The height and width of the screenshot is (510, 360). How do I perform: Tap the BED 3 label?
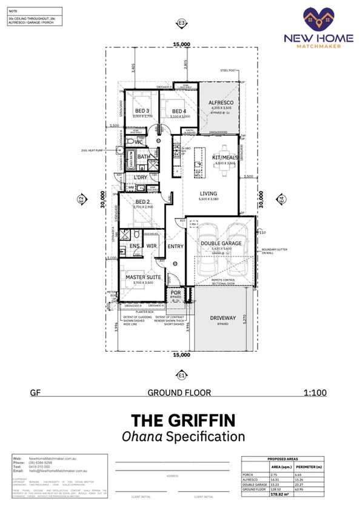(142, 110)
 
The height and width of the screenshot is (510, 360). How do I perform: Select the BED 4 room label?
(178, 111)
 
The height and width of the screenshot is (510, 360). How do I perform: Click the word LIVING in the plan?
(208, 195)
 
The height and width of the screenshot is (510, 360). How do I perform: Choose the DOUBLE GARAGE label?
(222, 243)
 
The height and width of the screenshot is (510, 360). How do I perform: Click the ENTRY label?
(175, 246)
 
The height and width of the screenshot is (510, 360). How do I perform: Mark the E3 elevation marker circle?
(181, 24)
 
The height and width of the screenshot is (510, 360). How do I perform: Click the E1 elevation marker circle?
(181, 375)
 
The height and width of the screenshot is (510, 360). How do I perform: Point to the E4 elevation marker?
(280, 198)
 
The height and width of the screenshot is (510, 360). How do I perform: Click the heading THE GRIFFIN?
(180, 420)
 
